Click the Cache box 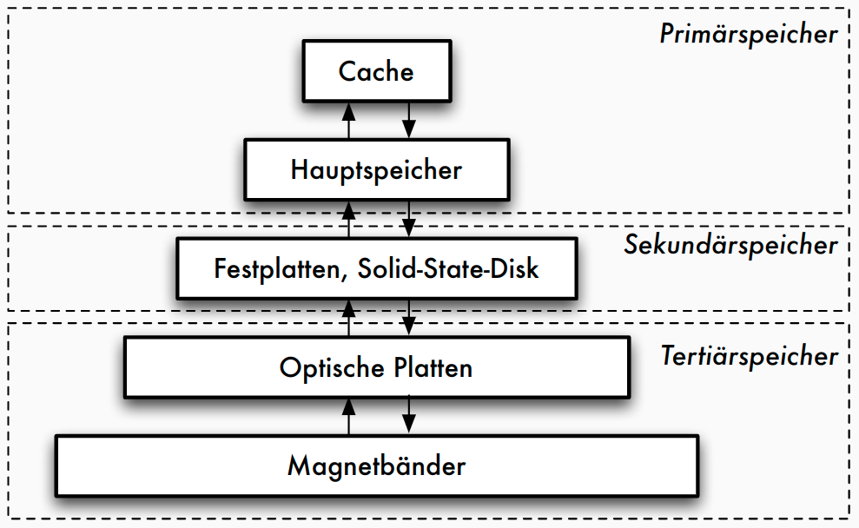tap(376, 71)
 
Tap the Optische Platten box tap(376, 367)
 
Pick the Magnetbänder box tap(376, 466)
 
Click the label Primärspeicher tap(748, 35)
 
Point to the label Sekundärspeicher tap(730, 245)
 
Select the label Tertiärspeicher tap(749, 356)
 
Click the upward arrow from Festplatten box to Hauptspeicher tap(349, 219)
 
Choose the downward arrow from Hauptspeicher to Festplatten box tap(408, 219)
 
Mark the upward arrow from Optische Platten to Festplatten tap(349, 318)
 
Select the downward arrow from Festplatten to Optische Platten tap(408, 318)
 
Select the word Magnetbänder tap(376, 466)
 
